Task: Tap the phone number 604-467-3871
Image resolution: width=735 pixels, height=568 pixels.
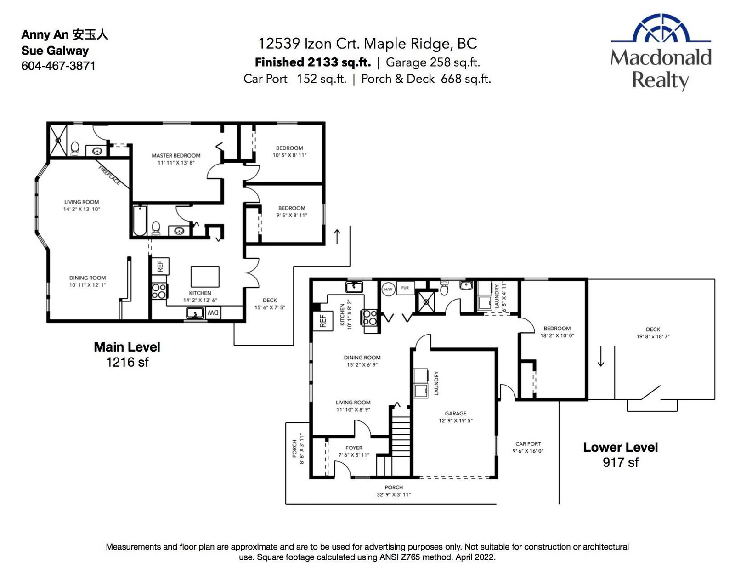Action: pyautogui.click(x=58, y=66)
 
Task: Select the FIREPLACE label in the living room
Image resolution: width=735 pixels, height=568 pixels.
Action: pyautogui.click(x=109, y=176)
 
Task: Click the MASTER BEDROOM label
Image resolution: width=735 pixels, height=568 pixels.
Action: pyautogui.click(x=176, y=156)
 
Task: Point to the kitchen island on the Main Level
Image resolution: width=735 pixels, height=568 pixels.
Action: pyautogui.click(x=205, y=276)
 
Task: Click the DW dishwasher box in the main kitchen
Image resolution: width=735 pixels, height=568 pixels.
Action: pyautogui.click(x=213, y=313)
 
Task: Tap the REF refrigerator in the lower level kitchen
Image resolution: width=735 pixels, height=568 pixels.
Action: pyautogui.click(x=323, y=321)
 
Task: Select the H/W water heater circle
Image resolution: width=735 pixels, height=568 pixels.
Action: pyautogui.click(x=388, y=289)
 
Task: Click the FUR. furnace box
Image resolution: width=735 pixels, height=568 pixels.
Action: pyautogui.click(x=405, y=288)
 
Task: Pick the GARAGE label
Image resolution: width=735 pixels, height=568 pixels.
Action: pyautogui.click(x=456, y=414)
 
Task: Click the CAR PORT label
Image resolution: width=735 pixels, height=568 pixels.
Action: pyautogui.click(x=528, y=443)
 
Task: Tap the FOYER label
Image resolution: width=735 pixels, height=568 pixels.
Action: pyautogui.click(x=354, y=448)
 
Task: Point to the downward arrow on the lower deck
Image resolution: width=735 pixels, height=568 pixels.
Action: pyautogui.click(x=601, y=356)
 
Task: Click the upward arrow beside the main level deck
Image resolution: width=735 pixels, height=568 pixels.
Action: pyautogui.click(x=337, y=237)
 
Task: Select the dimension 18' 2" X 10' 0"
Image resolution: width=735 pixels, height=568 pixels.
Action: pyautogui.click(x=557, y=335)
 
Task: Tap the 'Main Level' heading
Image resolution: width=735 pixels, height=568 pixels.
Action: pyautogui.click(x=127, y=347)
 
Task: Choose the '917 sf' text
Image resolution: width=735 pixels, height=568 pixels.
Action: pyautogui.click(x=620, y=462)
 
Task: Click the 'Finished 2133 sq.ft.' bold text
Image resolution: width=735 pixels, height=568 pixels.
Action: pyautogui.click(x=312, y=62)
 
